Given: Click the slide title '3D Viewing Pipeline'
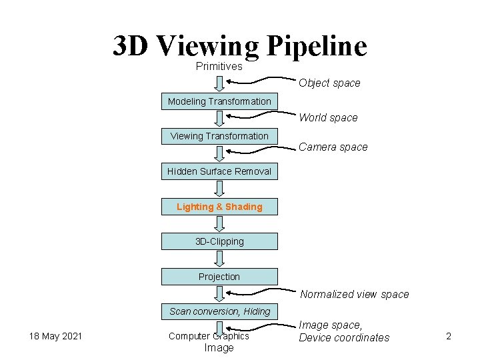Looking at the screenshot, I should click(x=240, y=45).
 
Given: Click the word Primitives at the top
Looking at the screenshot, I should click(x=219, y=66).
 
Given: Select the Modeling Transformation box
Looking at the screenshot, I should click(x=219, y=101).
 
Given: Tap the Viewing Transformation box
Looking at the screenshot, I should click(x=219, y=136).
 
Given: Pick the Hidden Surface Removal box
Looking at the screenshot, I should click(x=219, y=171).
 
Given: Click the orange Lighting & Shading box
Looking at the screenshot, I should click(x=219, y=207).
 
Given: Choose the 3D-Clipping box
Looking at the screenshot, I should click(x=219, y=241).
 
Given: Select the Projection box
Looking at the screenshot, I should click(x=219, y=277).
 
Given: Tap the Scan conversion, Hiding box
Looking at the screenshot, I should click(x=219, y=311).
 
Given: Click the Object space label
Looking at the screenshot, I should click(x=329, y=83).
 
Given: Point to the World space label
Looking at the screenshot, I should click(x=328, y=118).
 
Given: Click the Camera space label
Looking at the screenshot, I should click(x=333, y=147).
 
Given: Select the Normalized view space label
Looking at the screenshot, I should click(x=354, y=295).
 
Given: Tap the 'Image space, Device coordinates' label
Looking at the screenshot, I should click(x=344, y=331).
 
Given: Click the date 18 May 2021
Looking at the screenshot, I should click(x=55, y=336).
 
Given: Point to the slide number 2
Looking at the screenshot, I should click(x=449, y=336).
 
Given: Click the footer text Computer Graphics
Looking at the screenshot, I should click(x=209, y=336).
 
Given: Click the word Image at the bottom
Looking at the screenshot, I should click(x=219, y=348).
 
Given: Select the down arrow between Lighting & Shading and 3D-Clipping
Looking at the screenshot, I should click(x=219, y=224).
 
